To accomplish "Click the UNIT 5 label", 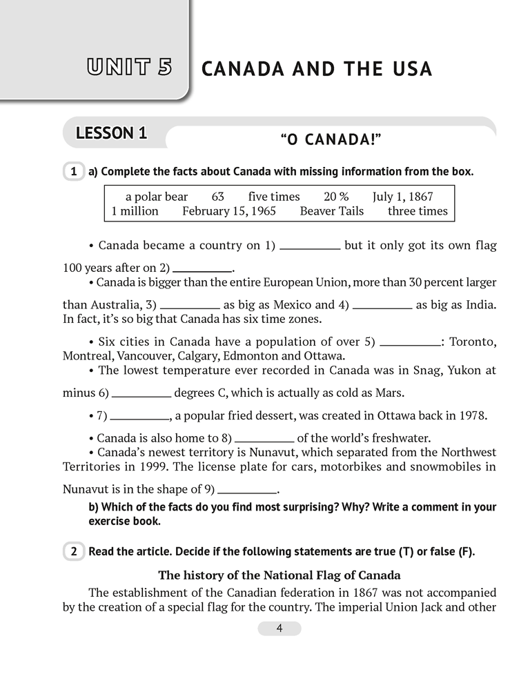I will pyautogui.click(x=129, y=68).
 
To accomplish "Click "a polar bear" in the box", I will pyautogui.click(x=157, y=197).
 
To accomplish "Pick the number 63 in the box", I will pyautogui.click(x=218, y=197).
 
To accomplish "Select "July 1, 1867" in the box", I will pyautogui.click(x=402, y=197).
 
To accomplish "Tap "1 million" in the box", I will pyautogui.click(x=135, y=211).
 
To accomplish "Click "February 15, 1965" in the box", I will pyautogui.click(x=229, y=211).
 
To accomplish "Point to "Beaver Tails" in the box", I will pyautogui.click(x=331, y=211).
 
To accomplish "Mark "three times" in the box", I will pyautogui.click(x=418, y=211).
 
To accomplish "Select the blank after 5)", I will pyautogui.click(x=410, y=343).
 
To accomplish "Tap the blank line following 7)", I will pyautogui.click(x=140, y=417).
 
